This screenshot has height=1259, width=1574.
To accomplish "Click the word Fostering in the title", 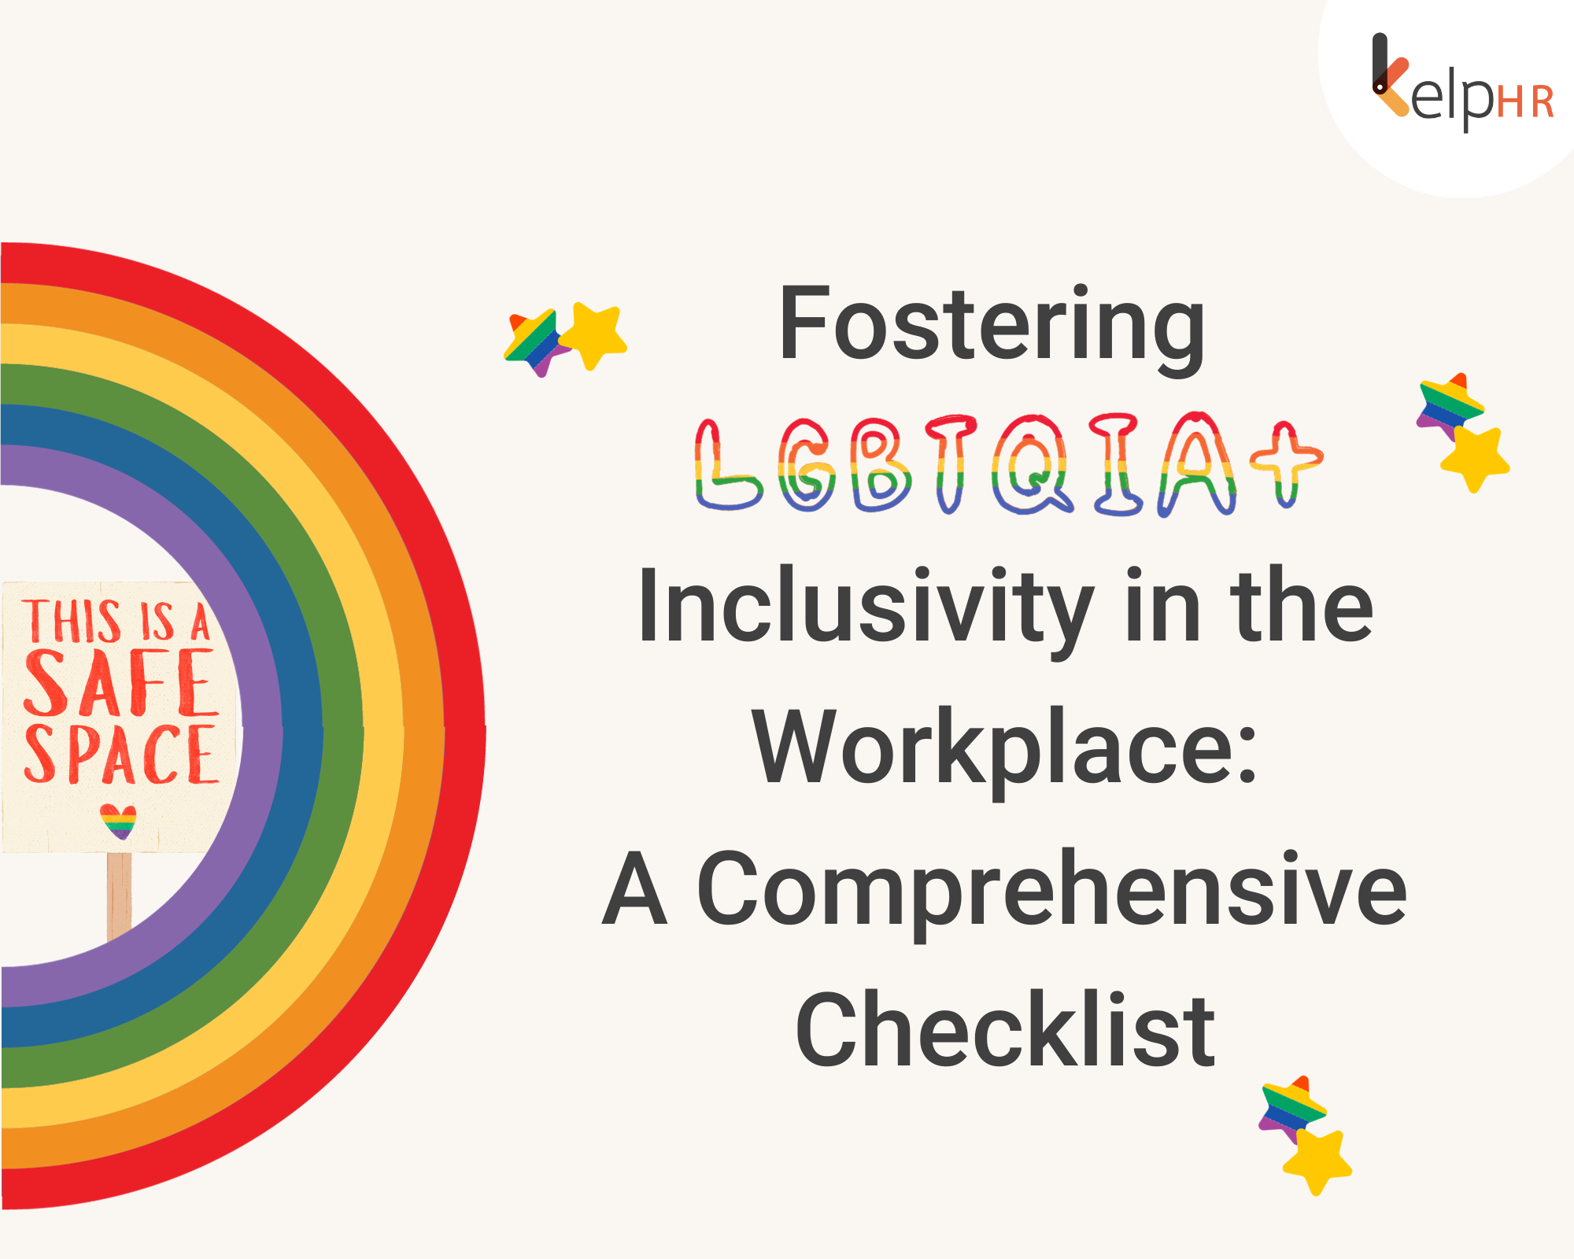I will [992, 324].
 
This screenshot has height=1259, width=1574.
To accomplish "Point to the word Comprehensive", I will [1051, 889].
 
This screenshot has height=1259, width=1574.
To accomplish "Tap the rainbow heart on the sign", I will [119, 821].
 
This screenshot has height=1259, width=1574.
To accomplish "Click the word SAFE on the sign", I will [120, 683].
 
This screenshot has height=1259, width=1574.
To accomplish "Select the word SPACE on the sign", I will [120, 755].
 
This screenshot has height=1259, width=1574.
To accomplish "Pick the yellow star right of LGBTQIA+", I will [1475, 460].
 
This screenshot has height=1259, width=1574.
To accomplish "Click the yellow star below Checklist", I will [1317, 1161].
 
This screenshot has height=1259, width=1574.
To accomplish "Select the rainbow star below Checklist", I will [1291, 1106].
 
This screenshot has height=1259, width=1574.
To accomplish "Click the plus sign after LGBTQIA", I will [1286, 460].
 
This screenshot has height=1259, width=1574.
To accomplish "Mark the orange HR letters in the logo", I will [1525, 102].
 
